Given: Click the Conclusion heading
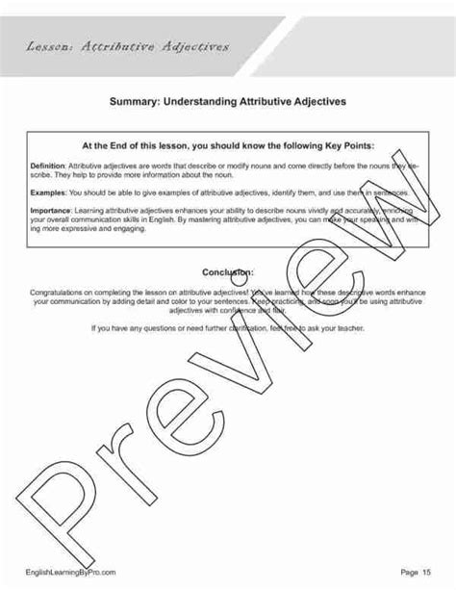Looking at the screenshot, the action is tap(228, 272).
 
